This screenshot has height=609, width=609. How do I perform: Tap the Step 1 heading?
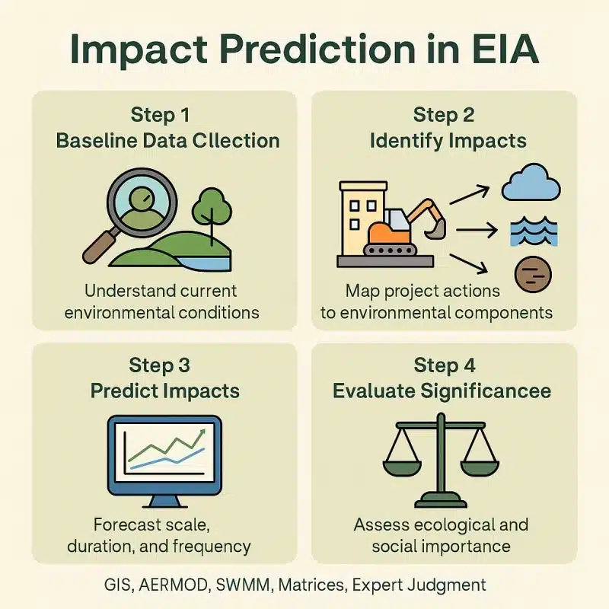point(160,115)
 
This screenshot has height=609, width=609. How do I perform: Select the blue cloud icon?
point(531,183)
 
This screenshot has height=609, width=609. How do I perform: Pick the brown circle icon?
point(531,273)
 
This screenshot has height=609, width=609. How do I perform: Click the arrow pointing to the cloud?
point(470,194)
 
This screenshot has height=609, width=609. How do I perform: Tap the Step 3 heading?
point(160,365)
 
